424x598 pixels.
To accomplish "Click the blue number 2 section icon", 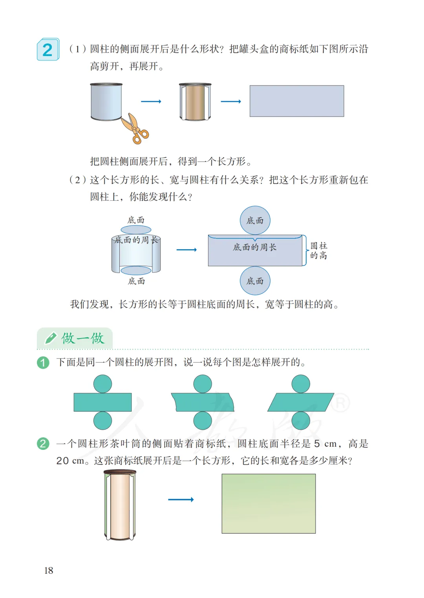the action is [48, 49].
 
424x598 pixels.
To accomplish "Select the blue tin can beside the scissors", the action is [106, 101].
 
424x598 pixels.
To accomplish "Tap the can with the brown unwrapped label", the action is [195, 101].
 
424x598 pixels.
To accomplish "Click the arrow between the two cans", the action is [151, 101].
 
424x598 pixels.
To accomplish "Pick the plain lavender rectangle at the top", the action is [297, 101].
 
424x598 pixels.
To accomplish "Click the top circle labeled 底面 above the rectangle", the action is [255, 220].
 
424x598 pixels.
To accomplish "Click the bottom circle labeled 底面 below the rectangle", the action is [255, 281].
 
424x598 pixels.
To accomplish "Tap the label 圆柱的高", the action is [318, 251].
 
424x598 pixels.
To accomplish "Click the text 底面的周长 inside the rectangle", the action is [255, 247].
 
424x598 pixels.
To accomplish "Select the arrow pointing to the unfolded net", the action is [186, 250].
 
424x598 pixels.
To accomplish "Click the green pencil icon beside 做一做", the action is [51, 338].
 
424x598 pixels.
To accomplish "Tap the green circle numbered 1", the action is [43, 362].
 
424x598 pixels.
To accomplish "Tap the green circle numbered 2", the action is [43, 444].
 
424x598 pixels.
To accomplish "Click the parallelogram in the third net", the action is [301, 402].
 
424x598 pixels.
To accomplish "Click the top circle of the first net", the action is [103, 384].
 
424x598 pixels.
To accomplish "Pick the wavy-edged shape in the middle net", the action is [203, 402].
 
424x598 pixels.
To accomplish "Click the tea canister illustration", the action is [120, 505].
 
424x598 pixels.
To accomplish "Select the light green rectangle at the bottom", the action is [269, 504].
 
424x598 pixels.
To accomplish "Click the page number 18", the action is [49, 571].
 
